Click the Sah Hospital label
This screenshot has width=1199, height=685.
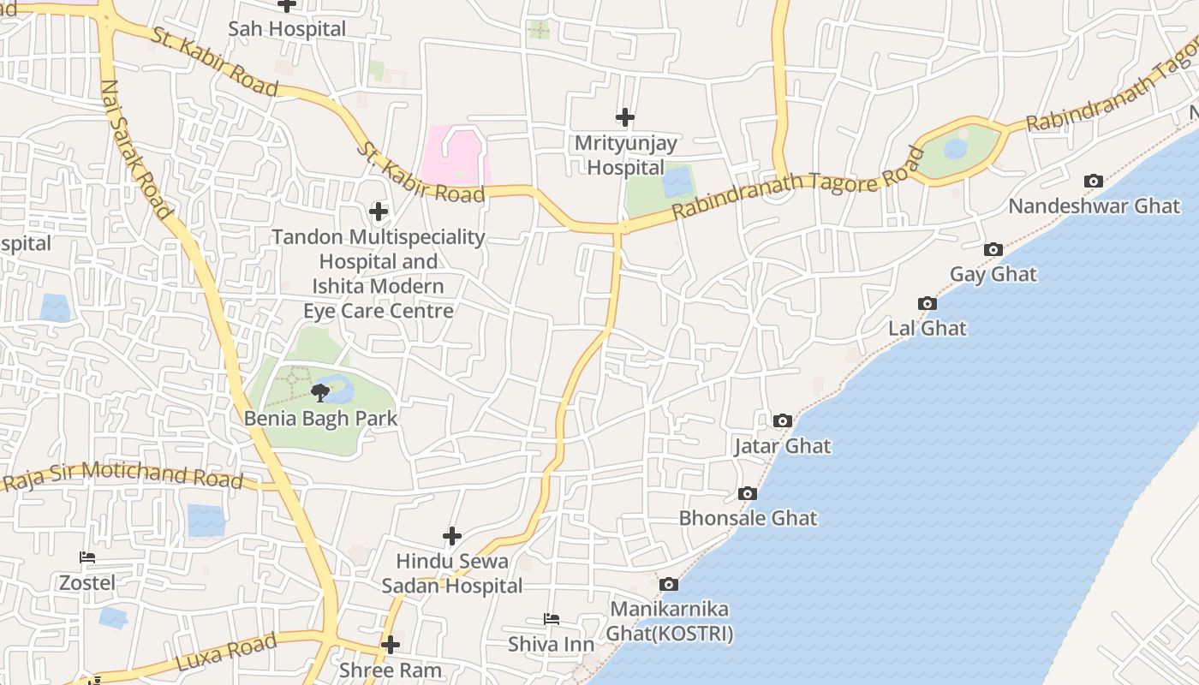(287, 29)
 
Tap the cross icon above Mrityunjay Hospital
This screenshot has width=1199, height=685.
(625, 117)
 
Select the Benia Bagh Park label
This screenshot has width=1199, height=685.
(321, 419)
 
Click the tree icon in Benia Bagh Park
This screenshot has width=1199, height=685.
(320, 393)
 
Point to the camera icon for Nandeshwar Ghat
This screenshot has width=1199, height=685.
(1094, 181)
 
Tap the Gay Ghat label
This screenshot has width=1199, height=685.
(993, 275)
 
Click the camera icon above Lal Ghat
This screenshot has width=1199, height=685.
(927, 303)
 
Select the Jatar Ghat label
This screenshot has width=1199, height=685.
(783, 446)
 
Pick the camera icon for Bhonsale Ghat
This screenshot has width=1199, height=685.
(748, 494)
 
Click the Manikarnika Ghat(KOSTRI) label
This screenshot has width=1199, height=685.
(670, 622)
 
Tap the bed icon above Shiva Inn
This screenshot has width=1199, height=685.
(552, 618)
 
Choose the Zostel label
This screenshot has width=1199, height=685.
(86, 583)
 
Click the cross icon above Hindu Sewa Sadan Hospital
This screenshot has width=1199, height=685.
(452, 537)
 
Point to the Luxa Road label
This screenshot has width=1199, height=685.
(227, 652)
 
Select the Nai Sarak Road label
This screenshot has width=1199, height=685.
(137, 147)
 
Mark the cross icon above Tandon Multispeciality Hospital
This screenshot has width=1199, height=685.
(378, 211)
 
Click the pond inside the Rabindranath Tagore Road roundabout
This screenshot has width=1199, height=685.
(956, 149)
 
